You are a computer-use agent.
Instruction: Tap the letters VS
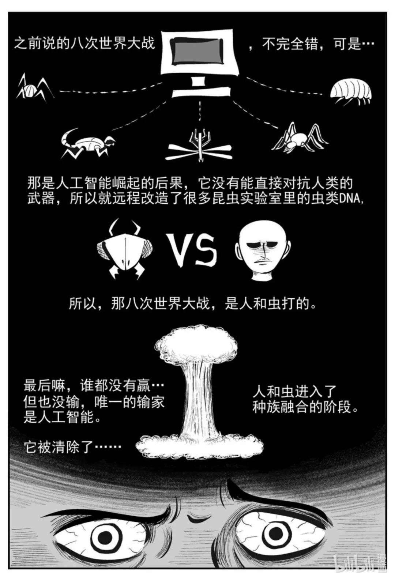pyautogui.click(x=193, y=250)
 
